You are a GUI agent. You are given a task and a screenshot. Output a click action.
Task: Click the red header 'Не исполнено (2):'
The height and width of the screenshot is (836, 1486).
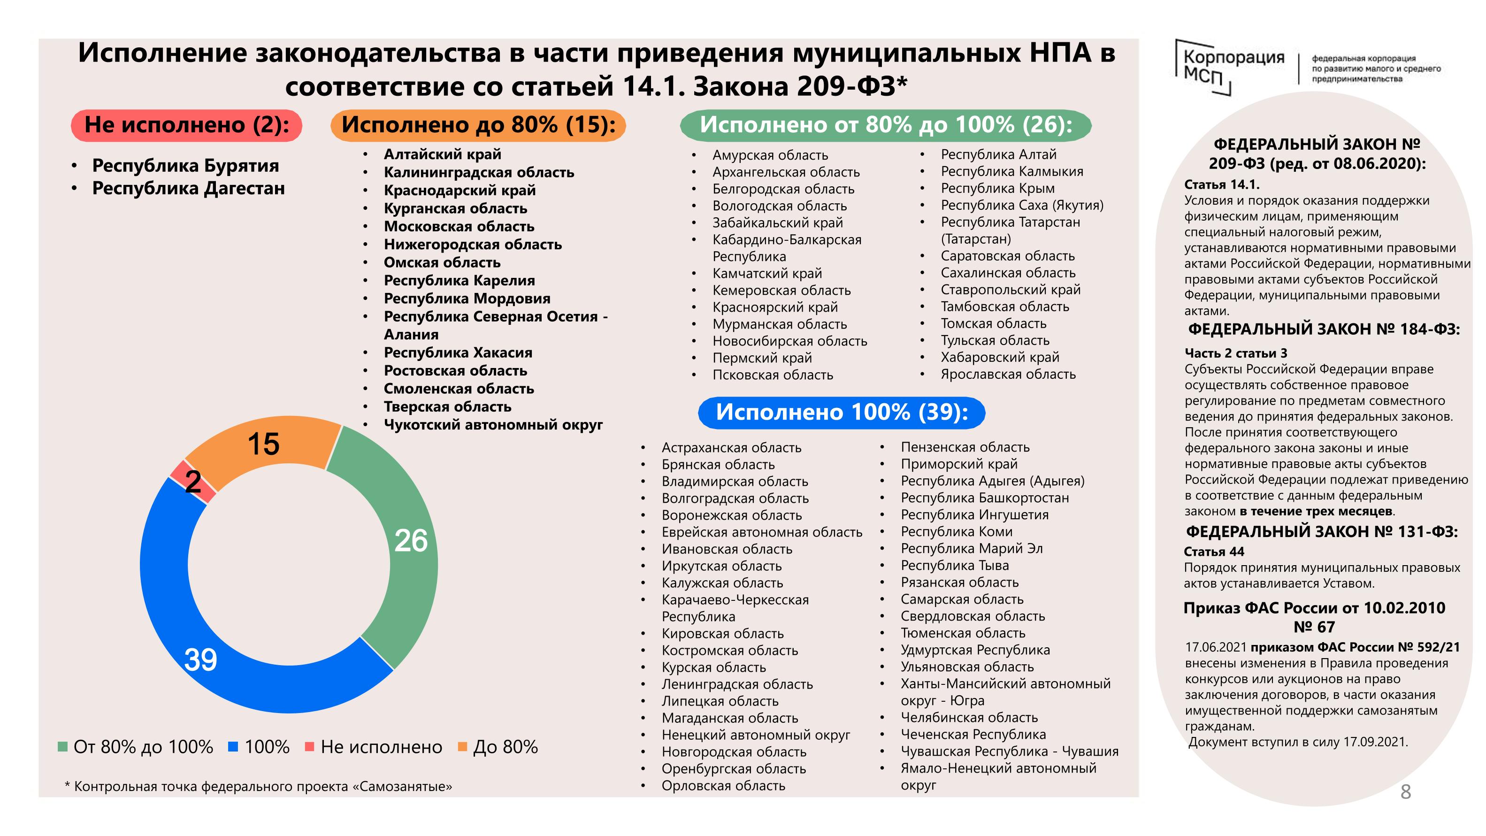(x=186, y=125)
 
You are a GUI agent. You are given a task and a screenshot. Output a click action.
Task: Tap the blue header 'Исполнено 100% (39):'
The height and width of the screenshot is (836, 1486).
(x=841, y=413)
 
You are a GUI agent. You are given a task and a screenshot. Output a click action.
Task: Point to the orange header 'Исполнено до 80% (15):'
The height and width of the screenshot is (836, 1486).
(x=478, y=125)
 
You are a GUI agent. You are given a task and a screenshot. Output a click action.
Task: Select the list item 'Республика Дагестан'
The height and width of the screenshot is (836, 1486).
(x=188, y=189)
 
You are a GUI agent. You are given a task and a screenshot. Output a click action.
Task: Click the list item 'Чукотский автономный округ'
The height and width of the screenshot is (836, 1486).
(x=493, y=425)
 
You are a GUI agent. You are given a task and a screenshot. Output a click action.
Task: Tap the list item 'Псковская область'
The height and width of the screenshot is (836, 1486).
(x=773, y=375)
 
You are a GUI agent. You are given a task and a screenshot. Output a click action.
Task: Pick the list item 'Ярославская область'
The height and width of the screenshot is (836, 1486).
(x=1008, y=375)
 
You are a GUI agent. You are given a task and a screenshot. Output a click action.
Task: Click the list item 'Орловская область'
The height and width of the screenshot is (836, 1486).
(x=723, y=786)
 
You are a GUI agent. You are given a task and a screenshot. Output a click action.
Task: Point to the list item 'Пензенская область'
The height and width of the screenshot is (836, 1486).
(x=965, y=447)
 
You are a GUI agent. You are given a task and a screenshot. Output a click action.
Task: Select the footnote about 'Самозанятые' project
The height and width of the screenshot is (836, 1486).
(x=259, y=786)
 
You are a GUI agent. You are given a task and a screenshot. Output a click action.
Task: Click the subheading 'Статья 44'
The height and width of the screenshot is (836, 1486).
(x=1214, y=552)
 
